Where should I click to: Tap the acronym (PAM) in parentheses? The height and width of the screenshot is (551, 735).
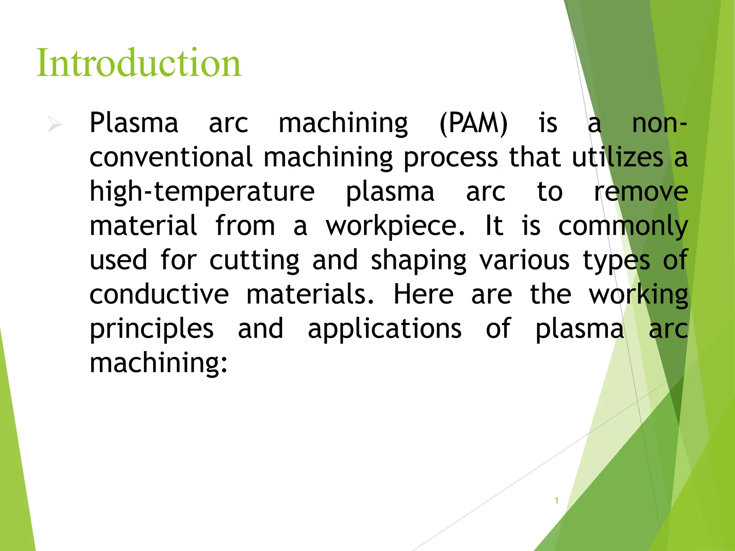pyautogui.click(x=473, y=123)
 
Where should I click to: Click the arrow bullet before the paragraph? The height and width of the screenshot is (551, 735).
pyautogui.click(x=55, y=124)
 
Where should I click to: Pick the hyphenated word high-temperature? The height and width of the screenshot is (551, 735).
pyautogui.click(x=202, y=192)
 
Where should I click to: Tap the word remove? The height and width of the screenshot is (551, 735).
pyautogui.click(x=641, y=192)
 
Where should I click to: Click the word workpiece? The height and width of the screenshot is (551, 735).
pyautogui.click(x=395, y=226)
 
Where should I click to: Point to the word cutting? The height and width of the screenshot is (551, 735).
pyautogui.click(x=254, y=260)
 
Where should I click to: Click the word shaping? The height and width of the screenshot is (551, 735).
pyautogui.click(x=418, y=260)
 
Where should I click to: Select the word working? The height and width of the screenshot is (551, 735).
pyautogui.click(x=639, y=295)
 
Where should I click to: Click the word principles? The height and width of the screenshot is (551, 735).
pyautogui.click(x=151, y=329)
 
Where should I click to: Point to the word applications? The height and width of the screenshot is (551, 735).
pyautogui.click(x=385, y=329)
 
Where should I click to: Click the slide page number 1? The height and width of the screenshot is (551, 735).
pyautogui.click(x=557, y=500)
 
